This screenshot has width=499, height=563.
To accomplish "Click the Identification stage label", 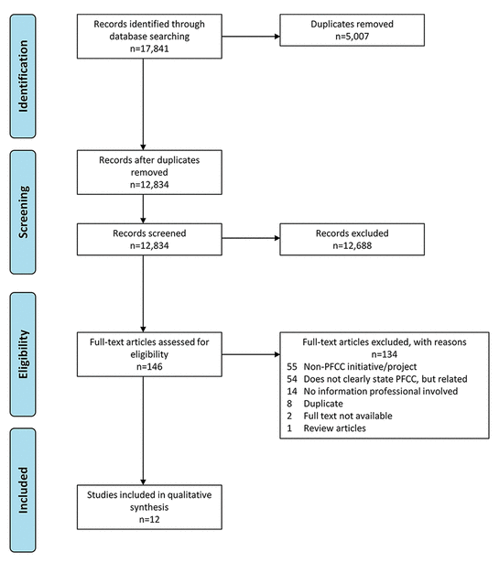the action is [23, 76].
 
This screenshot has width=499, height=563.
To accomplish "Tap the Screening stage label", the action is [23, 212].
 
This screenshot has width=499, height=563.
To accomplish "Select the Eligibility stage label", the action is [23, 354].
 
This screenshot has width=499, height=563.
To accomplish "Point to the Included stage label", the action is [23, 490].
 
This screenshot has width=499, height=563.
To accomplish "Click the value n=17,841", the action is [149, 49].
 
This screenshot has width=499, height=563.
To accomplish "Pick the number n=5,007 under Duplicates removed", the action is [353, 37].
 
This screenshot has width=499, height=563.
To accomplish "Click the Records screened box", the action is [149, 240].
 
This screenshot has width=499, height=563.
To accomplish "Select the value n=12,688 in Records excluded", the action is [353, 245].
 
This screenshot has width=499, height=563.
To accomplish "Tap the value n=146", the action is [149, 366].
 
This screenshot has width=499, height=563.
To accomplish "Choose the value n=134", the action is [385, 354].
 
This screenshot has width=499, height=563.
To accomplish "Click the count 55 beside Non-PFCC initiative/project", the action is [292, 366].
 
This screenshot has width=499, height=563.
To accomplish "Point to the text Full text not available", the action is [348, 416].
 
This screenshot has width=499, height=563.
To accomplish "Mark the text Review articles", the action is [334, 428].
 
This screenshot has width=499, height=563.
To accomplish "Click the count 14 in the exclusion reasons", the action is [292, 391].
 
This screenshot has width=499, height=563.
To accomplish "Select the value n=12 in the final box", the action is [149, 519].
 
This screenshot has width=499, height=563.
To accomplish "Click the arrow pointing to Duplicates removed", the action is [251, 37].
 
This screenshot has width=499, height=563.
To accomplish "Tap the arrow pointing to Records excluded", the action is [251, 238].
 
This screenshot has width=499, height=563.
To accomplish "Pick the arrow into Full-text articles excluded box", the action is [251, 354].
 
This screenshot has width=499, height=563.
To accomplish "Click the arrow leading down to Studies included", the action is [143, 430].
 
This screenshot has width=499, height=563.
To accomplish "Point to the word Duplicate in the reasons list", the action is [323, 404].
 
